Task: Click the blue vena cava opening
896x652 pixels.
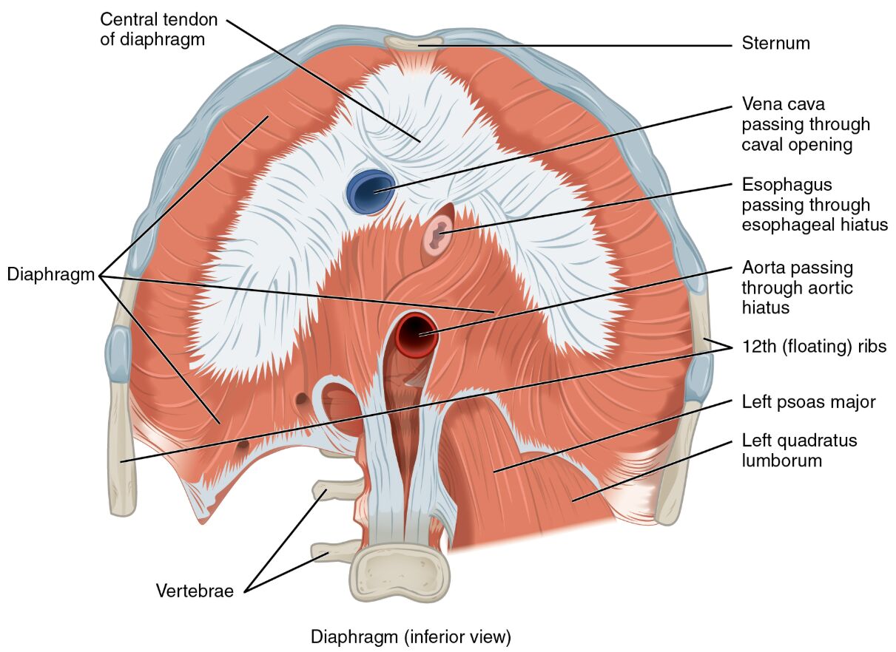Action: tap(371, 191)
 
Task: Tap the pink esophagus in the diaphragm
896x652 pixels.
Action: tap(439, 236)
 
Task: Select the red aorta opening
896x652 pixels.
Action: tap(417, 334)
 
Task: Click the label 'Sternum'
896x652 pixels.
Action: tap(775, 44)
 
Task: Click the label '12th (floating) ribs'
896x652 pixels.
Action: tap(813, 346)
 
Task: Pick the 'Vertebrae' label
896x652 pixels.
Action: tap(195, 591)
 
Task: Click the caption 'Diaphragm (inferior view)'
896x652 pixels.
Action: tap(411, 636)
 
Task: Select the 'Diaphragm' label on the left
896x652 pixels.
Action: tap(50, 275)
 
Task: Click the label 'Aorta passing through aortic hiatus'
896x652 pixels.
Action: tap(798, 287)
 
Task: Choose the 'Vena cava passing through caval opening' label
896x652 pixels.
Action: tap(806, 124)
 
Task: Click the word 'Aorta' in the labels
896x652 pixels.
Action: tap(764, 268)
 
